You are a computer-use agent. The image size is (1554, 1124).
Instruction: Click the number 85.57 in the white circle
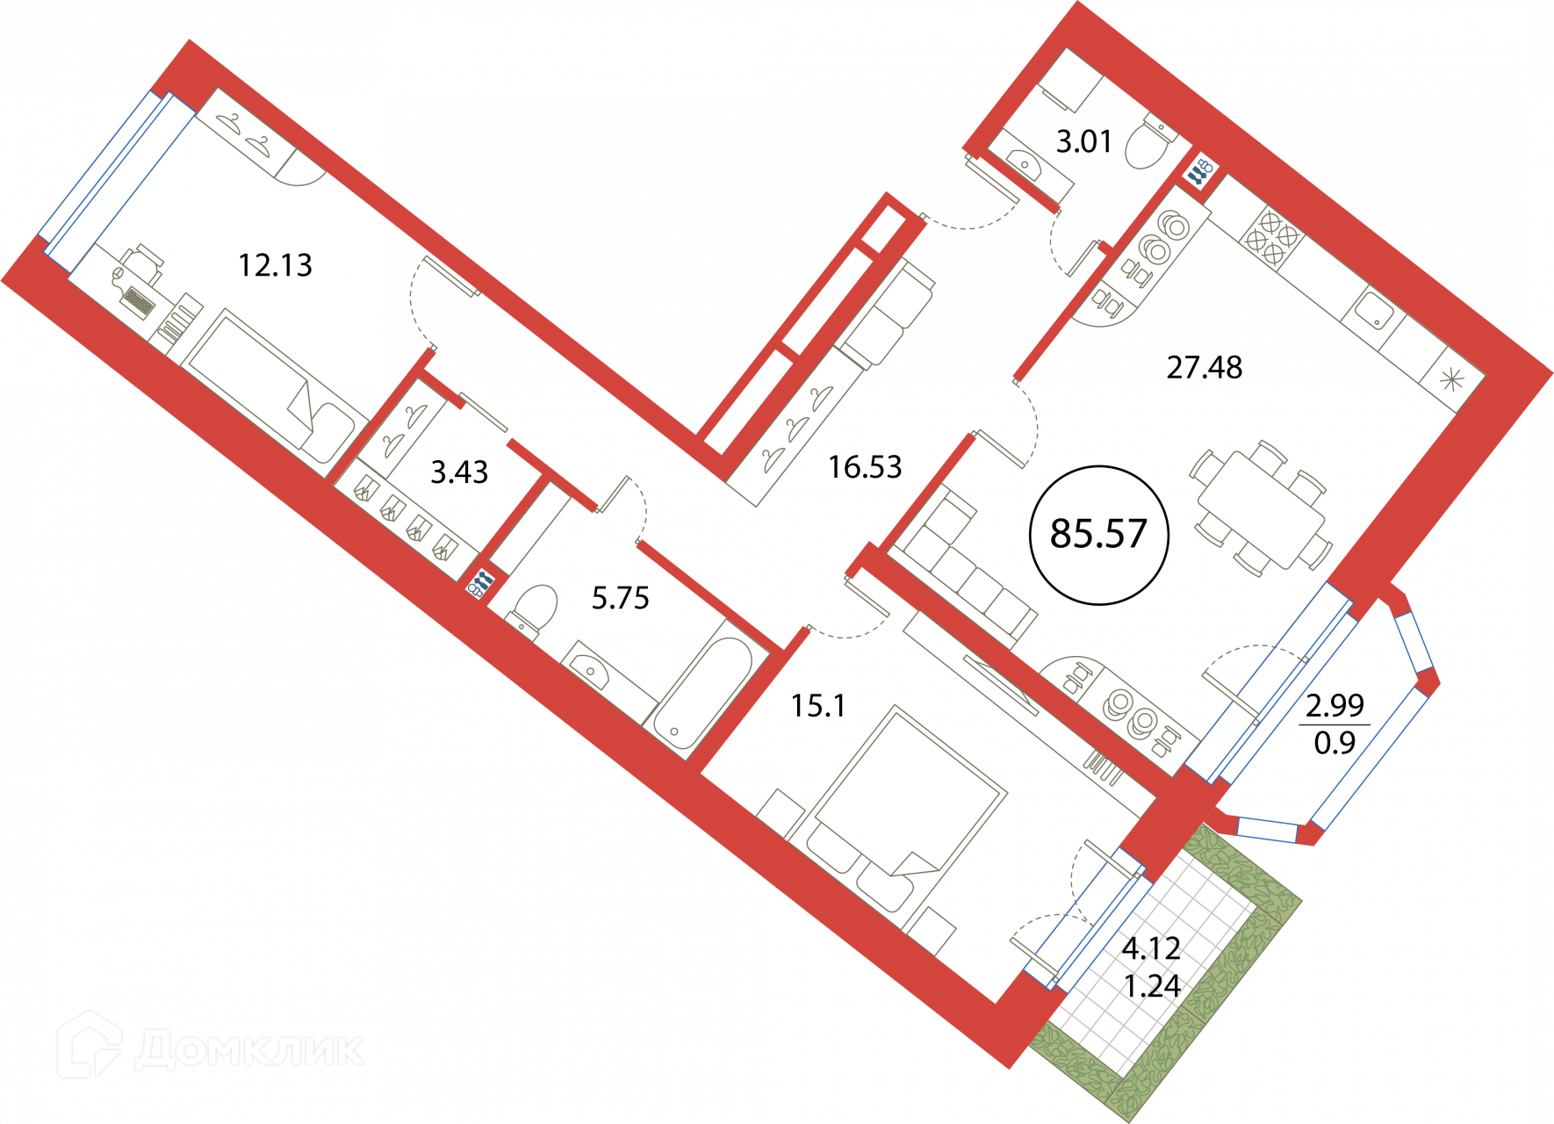point(1098,534)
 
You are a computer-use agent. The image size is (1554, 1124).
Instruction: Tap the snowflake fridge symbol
point(1451,379)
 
